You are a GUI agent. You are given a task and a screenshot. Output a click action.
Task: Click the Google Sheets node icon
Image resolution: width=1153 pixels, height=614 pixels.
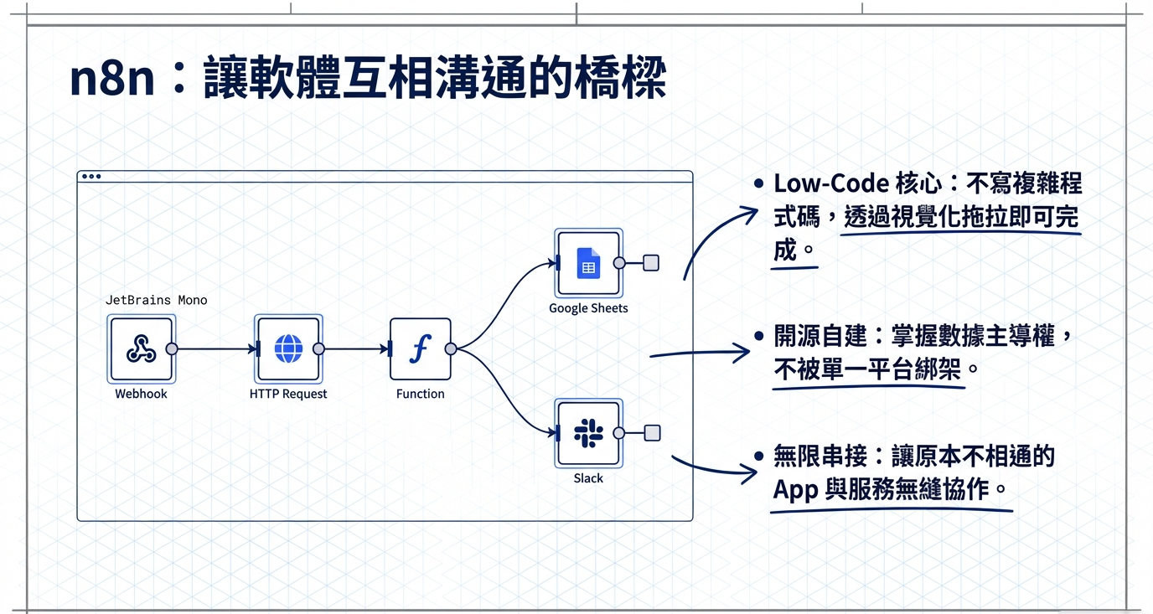(588, 263)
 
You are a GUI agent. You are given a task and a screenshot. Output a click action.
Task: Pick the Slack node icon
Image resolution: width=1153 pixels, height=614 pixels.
(588, 433)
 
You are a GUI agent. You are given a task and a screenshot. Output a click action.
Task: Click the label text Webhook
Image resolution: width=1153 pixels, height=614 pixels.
(141, 394)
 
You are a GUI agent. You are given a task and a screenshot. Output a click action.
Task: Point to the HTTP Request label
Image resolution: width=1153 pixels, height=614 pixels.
(288, 394)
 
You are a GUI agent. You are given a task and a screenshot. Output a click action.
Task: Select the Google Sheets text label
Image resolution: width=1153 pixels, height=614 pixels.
(588, 308)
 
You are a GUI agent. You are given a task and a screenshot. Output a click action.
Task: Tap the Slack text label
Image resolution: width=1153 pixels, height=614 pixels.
(588, 478)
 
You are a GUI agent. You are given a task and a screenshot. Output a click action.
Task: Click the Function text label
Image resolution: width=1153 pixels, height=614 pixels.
(420, 394)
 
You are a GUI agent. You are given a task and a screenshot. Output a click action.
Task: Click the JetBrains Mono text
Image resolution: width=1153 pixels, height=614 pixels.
(156, 300)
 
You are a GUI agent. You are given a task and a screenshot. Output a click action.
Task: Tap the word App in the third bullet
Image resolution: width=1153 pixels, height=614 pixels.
(795, 489)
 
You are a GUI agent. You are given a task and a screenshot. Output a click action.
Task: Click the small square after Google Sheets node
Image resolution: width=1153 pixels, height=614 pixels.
(651, 263)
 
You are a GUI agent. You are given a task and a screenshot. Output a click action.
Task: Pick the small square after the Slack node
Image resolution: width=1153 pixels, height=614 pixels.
(652, 433)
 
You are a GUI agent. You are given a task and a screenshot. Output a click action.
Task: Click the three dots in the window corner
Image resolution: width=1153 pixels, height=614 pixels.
(90, 177)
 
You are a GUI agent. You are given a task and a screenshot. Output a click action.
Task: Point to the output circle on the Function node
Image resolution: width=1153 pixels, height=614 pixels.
(450, 349)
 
